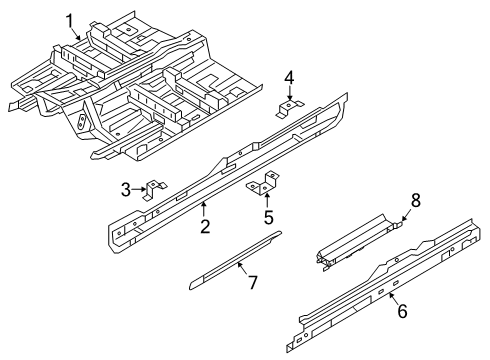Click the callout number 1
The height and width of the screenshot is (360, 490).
[x=70, y=21]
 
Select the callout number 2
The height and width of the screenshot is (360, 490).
[x=205, y=226]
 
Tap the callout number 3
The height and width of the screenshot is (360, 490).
[x=126, y=190]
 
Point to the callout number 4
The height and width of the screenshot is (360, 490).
[x=289, y=78]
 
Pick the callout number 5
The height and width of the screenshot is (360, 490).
[x=269, y=218]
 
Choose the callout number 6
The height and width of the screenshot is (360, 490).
[x=403, y=311]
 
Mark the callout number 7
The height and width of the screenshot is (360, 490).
[x=252, y=283]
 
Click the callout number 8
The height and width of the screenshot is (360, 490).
[x=416, y=201]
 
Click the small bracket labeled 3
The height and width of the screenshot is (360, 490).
[x=155, y=189]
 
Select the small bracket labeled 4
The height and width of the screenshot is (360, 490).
[x=289, y=108]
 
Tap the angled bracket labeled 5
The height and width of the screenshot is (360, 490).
[x=264, y=184]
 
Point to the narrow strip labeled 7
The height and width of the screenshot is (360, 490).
[x=235, y=260]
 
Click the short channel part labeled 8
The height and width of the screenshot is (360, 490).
[x=357, y=243]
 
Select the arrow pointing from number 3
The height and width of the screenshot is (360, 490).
[x=138, y=189]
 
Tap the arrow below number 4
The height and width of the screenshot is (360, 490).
[x=290, y=93]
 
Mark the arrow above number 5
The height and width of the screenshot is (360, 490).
[x=267, y=202]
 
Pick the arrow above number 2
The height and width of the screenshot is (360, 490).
[x=204, y=210]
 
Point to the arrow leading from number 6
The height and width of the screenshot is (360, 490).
[x=394, y=298]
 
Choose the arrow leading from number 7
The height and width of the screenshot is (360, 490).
[x=242, y=269]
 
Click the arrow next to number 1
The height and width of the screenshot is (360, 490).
[x=76, y=33]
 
